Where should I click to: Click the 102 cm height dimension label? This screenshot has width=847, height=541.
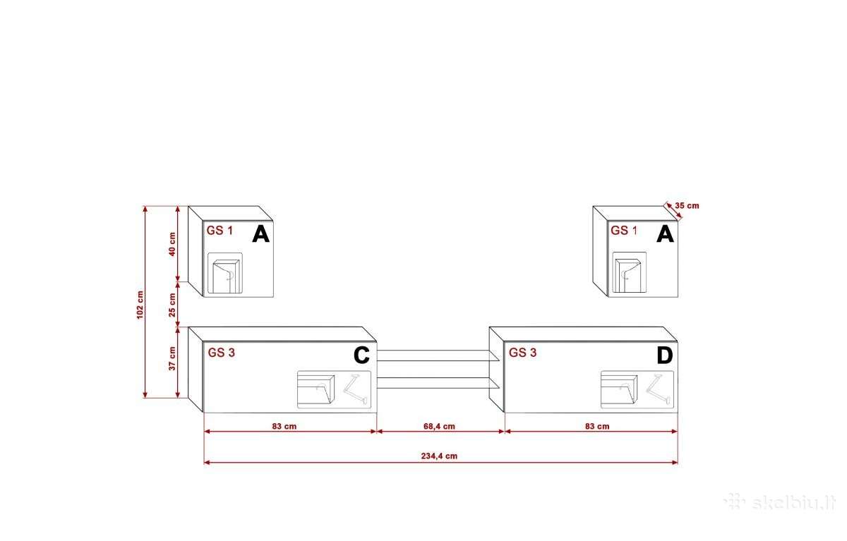pos(140,305)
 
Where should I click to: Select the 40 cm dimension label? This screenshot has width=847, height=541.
pos(172,245)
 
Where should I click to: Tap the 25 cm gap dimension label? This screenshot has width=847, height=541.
pos(172,305)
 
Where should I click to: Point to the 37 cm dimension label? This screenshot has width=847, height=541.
pos(172,358)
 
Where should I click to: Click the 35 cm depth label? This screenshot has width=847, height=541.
pos(687,206)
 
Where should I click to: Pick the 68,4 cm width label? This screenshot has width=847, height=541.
pos(439,426)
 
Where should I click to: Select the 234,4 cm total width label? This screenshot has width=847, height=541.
pos(439,456)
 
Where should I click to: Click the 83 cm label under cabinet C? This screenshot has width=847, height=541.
pos(284,426)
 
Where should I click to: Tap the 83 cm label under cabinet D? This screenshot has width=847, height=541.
pos(597,426)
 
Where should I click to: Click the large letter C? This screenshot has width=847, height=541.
pos(361,355)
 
